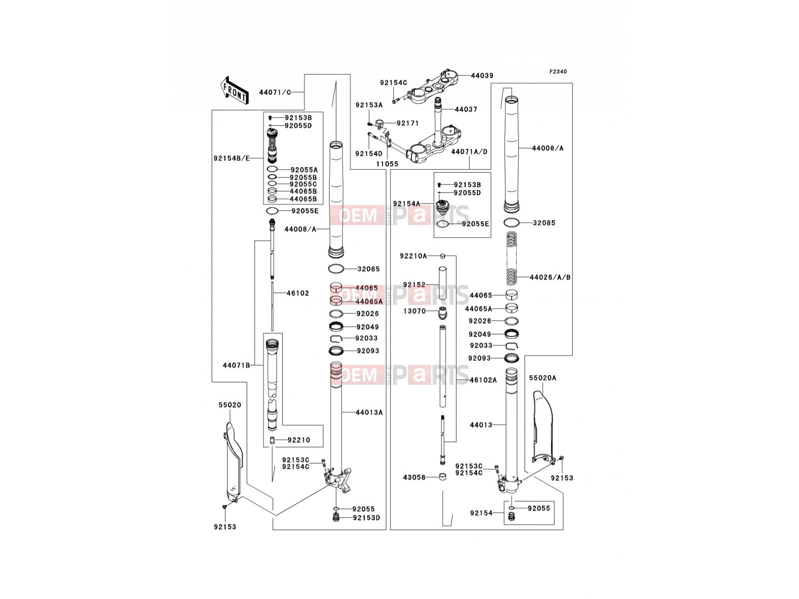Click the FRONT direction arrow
234,90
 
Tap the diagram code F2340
558,72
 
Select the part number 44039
482,76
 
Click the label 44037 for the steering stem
466,109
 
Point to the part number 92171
407,123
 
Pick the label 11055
387,164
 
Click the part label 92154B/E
232,159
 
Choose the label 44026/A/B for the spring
550,277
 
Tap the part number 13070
414,311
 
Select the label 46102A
483,380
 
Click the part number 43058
414,477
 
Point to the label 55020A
542,378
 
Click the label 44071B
236,365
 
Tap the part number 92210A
413,256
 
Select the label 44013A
369,412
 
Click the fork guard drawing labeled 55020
233,462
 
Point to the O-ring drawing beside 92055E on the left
272,211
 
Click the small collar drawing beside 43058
442,477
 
